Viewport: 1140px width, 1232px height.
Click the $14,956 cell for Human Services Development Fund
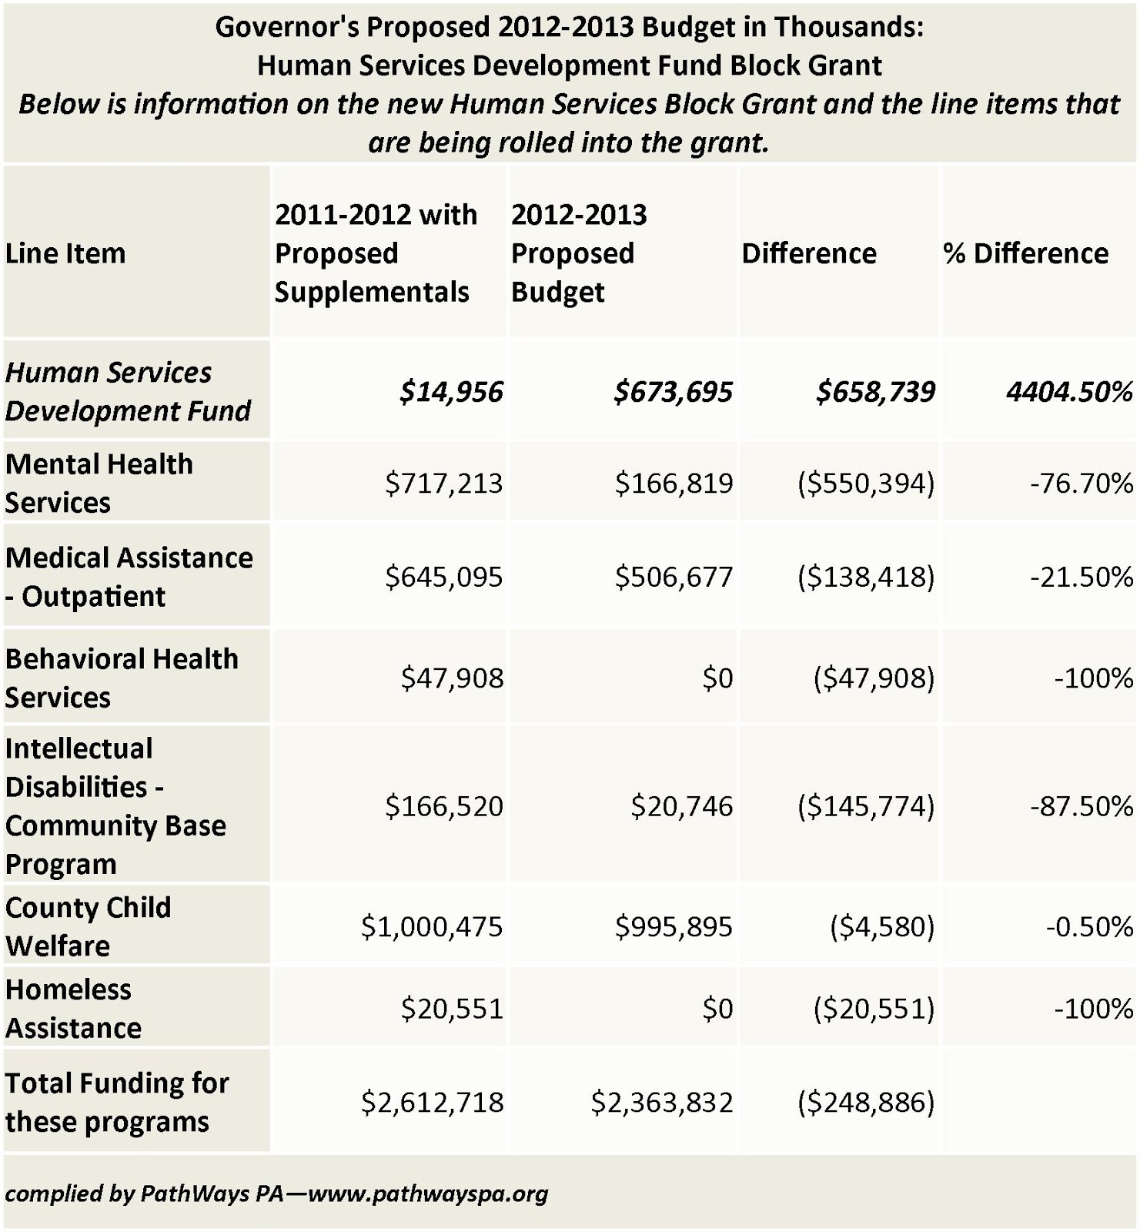[x=451, y=392]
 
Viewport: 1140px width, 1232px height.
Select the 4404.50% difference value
[x=1069, y=392]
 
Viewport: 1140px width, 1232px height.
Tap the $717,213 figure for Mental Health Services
[x=444, y=484]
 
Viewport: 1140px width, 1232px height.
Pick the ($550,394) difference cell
[x=866, y=484]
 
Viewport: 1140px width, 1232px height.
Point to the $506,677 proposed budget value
[x=674, y=577]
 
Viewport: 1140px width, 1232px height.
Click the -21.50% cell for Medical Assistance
[x=1081, y=577]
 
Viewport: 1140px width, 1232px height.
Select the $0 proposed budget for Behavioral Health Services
[x=717, y=678]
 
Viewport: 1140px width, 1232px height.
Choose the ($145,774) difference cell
[x=866, y=806]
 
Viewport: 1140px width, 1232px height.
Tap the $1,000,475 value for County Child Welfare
[x=432, y=926]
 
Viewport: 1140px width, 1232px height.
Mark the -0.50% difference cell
[x=1089, y=926]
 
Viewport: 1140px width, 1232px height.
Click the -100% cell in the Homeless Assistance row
[x=1093, y=1009]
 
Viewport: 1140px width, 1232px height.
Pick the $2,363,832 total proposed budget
[x=662, y=1103]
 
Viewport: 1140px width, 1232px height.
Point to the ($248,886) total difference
[x=866, y=1103]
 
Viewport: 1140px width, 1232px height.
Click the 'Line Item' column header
[x=65, y=253]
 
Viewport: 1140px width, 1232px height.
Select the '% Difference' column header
[x=1026, y=253]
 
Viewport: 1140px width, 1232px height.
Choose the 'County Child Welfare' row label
[x=88, y=926]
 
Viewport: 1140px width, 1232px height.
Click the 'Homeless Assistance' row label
[x=73, y=1009]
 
